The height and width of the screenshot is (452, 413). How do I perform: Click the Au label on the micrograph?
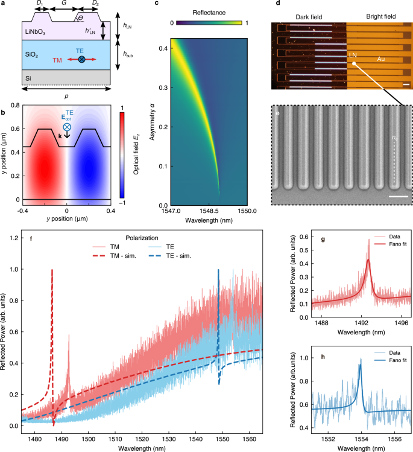coord(381,59)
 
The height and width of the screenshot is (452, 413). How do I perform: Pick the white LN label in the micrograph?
coord(353,54)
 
